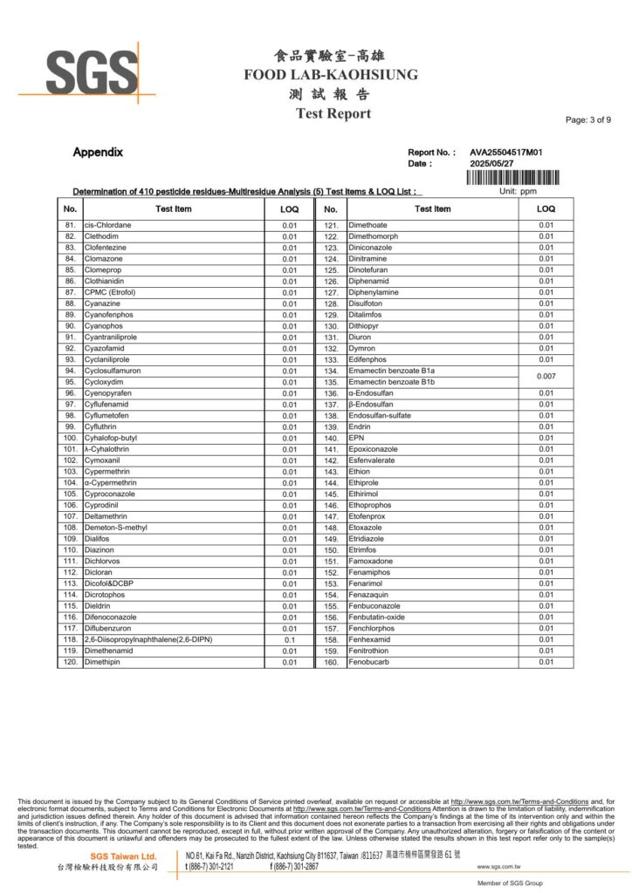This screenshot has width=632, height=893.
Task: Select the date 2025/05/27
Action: [493, 163]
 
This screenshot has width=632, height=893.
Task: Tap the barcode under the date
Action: [513, 177]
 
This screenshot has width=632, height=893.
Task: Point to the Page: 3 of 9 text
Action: [588, 120]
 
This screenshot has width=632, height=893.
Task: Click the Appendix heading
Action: [98, 153]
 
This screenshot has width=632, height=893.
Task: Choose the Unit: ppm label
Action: [518, 191]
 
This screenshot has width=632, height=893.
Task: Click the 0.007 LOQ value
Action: [546, 376]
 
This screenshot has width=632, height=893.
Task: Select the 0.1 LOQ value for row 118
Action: [290, 640]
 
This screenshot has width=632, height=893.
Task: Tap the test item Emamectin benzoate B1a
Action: [391, 371]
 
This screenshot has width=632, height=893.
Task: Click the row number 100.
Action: [71, 438]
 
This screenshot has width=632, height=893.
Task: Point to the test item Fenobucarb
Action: [373, 662]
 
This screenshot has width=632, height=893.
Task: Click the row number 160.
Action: [331, 663]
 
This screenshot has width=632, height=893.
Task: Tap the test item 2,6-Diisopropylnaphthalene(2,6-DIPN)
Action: [148, 639]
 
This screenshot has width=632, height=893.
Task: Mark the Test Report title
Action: [333, 113]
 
